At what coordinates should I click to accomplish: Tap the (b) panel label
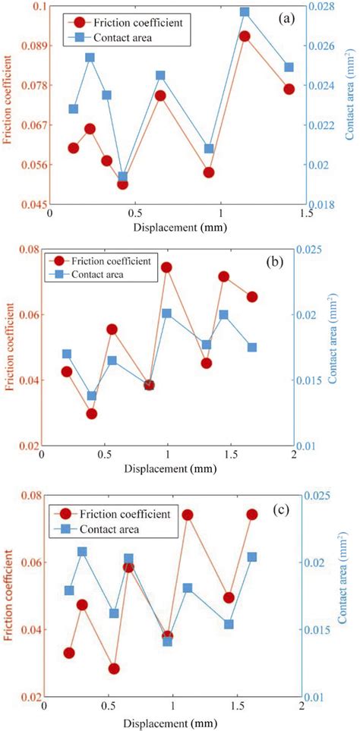pyautogui.click(x=275, y=263)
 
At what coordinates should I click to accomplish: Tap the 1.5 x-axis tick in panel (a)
pyautogui.click(x=306, y=215)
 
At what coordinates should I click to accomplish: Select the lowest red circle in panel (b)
pyautogui.click(x=92, y=414)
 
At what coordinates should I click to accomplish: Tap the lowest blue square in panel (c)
pyautogui.click(x=168, y=641)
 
